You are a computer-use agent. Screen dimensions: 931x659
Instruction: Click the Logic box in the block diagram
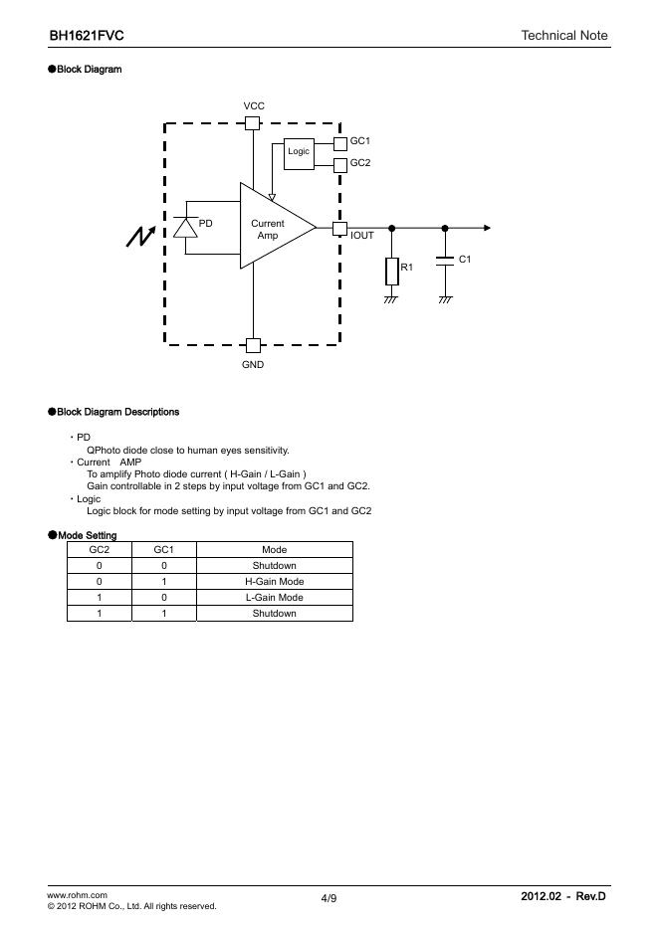tap(299, 151)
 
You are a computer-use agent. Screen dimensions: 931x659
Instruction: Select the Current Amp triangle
tap(272, 227)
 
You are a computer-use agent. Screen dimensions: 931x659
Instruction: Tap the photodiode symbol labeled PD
tap(185, 227)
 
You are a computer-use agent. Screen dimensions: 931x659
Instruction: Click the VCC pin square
tap(253, 123)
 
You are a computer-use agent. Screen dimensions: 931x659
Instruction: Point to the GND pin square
tap(253, 345)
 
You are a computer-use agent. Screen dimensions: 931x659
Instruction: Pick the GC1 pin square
tap(340, 143)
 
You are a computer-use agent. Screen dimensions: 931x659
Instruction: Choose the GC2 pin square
tap(340, 164)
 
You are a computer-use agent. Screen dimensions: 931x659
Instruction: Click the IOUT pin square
tap(339, 228)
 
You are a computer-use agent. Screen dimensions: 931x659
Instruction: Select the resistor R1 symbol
tap(391, 271)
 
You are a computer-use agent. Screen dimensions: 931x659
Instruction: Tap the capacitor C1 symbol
tap(445, 263)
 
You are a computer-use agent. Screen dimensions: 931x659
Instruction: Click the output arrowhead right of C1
tap(487, 228)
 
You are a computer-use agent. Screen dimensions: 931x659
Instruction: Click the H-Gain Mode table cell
tap(274, 582)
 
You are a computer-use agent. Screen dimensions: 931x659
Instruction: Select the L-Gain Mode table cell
tap(274, 598)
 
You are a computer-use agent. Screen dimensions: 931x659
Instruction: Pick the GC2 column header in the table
tap(100, 550)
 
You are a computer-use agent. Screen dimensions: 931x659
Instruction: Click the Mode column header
tap(274, 550)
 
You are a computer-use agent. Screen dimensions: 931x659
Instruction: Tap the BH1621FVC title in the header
tap(87, 36)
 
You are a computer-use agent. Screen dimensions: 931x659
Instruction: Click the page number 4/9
tap(329, 899)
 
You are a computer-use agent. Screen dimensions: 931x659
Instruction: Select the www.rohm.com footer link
tap(78, 895)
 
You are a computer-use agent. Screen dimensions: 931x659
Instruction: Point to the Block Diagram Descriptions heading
tap(118, 412)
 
